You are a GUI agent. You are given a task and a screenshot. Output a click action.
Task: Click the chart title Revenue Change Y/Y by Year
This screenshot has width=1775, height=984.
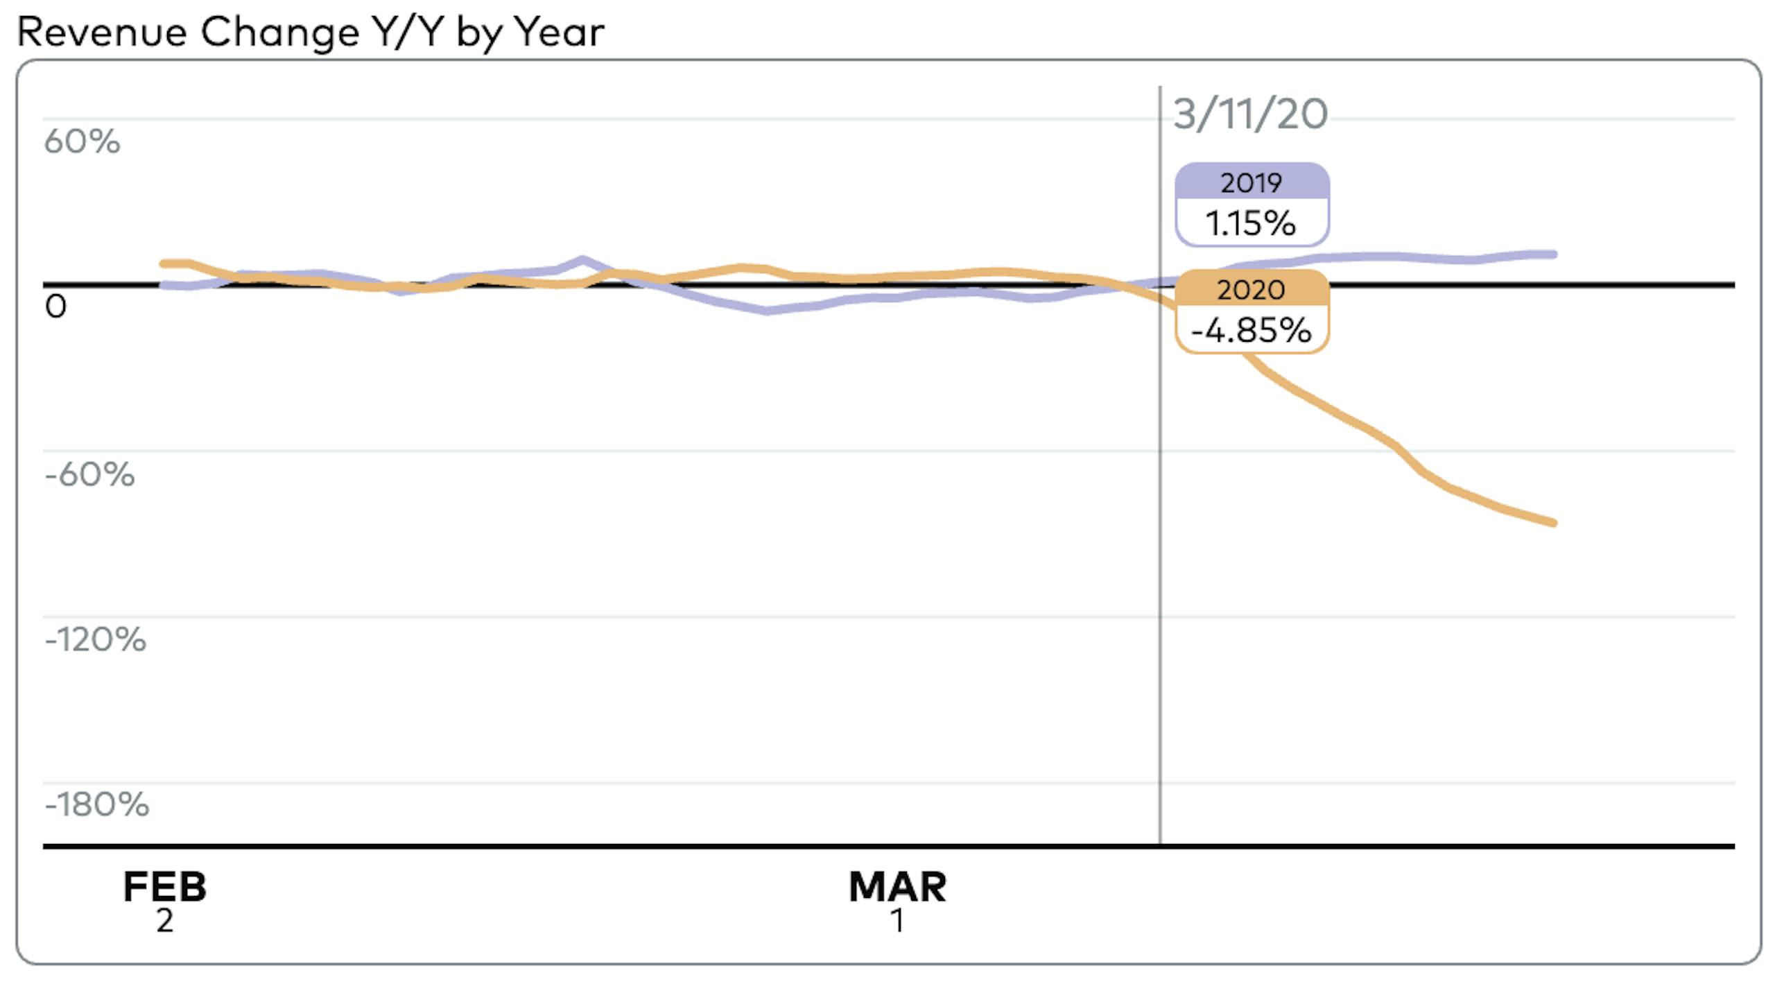pyautogui.click(x=310, y=33)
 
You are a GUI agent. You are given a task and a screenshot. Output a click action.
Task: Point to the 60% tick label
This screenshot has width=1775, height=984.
pyautogui.click(x=82, y=142)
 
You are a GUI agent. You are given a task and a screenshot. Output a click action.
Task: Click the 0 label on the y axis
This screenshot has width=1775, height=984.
pyautogui.click(x=55, y=307)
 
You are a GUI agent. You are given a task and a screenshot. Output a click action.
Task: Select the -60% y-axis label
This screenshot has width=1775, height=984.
pyautogui.click(x=89, y=475)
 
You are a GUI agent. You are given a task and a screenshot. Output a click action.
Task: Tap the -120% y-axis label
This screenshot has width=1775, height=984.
pyautogui.click(x=95, y=640)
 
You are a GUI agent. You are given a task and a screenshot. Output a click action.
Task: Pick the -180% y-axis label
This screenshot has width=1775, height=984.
pyautogui.click(x=96, y=805)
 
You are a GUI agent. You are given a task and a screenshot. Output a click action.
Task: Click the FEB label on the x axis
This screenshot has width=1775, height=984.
pyautogui.click(x=165, y=887)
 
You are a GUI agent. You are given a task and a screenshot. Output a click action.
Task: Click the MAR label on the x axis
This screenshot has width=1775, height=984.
pyautogui.click(x=897, y=887)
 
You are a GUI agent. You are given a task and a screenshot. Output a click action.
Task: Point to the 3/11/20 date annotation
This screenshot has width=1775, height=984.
pyautogui.click(x=1250, y=114)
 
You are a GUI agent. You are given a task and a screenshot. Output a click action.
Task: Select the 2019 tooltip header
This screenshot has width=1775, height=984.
pyautogui.click(x=1252, y=183)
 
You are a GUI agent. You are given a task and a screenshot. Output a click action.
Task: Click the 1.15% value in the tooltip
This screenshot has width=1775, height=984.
pyautogui.click(x=1252, y=224)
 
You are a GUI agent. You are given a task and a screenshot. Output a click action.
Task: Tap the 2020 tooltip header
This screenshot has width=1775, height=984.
pyautogui.click(x=1252, y=290)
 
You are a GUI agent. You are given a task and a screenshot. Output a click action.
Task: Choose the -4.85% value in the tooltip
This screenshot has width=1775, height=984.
pyautogui.click(x=1252, y=331)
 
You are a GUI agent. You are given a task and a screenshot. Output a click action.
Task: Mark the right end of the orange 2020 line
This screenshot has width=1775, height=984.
pyautogui.click(x=1554, y=523)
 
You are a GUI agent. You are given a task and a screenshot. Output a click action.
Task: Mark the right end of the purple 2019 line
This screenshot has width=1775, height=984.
pyautogui.click(x=1554, y=254)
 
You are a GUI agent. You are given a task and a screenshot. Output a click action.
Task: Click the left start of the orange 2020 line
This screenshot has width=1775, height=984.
pyautogui.click(x=163, y=264)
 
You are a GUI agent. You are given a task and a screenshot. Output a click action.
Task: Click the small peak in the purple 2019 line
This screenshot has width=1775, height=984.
pyautogui.click(x=582, y=260)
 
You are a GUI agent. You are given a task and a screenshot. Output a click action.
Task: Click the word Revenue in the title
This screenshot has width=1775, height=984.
pyautogui.click(x=102, y=33)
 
